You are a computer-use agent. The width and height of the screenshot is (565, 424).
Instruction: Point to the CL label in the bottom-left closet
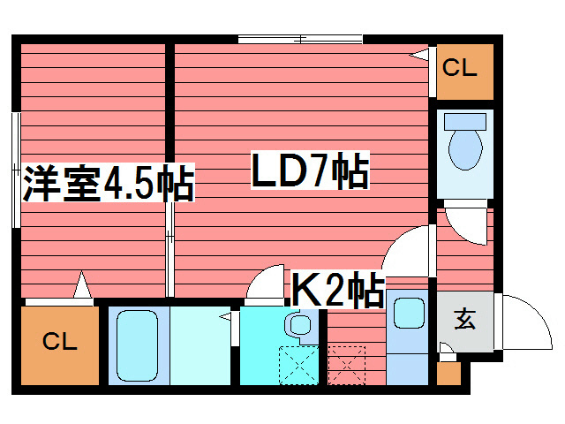(59, 341)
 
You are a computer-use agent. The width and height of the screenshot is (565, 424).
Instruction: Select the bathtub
(137, 345)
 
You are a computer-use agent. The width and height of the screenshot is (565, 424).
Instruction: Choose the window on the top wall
(300, 39)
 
